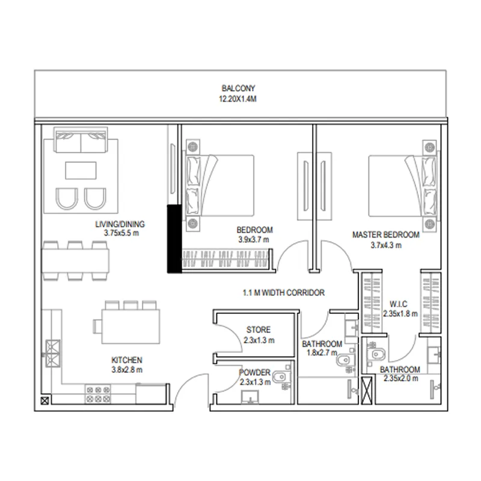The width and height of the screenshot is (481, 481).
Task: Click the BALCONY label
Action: (238, 88)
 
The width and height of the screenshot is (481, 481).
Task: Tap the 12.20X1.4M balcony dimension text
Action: (237, 99)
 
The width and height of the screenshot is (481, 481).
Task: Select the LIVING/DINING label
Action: (120, 224)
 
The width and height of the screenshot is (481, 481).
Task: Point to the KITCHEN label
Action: (127, 360)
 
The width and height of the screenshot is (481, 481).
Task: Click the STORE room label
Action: (259, 329)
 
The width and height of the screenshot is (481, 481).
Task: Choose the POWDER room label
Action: (254, 372)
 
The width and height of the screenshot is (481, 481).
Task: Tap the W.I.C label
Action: (399, 304)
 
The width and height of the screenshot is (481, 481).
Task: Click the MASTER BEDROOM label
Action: (386, 234)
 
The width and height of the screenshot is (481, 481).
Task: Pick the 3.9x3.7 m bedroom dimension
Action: (254, 239)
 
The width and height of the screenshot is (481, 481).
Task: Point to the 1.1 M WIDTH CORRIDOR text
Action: (284, 293)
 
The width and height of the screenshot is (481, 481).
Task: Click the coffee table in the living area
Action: (81, 171)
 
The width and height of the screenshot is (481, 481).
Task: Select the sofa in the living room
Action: (81, 140)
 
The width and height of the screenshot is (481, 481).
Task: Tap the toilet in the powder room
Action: (280, 377)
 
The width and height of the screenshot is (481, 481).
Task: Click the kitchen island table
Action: (130, 326)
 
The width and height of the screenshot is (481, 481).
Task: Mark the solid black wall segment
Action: (174, 239)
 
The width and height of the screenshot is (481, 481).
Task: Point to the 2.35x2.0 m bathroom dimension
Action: (401, 378)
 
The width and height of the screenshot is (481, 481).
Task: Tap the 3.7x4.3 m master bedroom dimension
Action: (386, 245)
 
